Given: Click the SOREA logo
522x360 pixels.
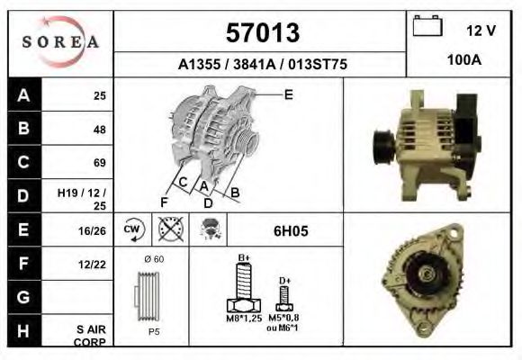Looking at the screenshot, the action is [60, 42].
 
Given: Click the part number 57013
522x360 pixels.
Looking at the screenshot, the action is [263, 32].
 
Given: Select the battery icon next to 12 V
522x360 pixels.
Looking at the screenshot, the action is [427, 25].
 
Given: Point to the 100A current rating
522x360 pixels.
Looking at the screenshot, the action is [464, 60].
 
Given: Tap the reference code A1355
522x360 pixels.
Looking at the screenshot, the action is [199, 64].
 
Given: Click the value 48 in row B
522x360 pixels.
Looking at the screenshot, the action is [100, 130].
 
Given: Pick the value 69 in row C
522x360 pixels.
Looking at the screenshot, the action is [100, 163].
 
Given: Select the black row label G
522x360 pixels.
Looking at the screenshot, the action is [24, 297].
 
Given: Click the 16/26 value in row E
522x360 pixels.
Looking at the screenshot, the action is [92, 230].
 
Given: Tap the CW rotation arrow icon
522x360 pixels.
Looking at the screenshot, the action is [133, 229].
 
